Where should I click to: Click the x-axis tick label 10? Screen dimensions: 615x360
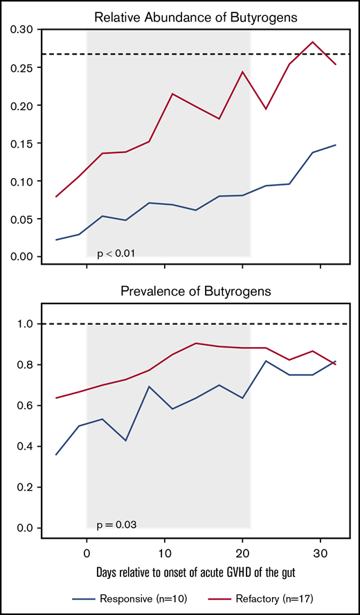[x=165, y=553]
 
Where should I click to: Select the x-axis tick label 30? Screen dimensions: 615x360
[x=321, y=553]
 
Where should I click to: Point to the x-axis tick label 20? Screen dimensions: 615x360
[x=242, y=553]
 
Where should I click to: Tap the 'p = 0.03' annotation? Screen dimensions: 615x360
[x=116, y=525]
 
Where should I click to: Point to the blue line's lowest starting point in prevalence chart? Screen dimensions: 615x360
[x=56, y=455]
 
